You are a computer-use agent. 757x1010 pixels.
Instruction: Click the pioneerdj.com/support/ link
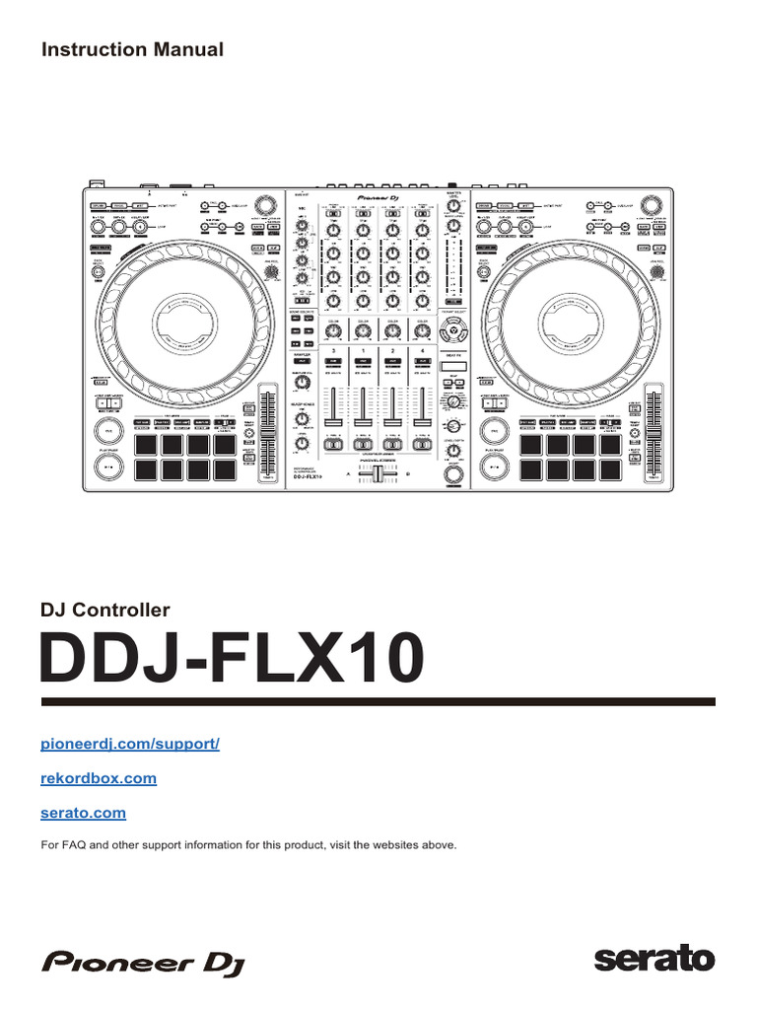(x=129, y=743)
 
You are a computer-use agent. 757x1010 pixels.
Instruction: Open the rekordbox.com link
(x=98, y=778)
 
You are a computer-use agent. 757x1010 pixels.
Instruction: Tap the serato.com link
(x=83, y=814)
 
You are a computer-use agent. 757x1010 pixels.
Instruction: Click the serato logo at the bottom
(x=654, y=958)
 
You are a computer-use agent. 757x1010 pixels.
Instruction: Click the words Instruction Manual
(x=132, y=49)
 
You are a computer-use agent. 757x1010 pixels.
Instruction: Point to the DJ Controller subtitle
(x=104, y=611)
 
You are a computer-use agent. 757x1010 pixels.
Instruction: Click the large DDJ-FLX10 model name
(x=233, y=660)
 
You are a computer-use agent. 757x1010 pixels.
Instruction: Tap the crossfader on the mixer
(x=378, y=475)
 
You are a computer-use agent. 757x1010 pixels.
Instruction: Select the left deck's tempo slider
(x=266, y=434)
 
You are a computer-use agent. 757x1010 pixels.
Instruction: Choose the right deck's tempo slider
(x=654, y=434)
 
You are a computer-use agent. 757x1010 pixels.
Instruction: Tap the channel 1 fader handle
(x=363, y=421)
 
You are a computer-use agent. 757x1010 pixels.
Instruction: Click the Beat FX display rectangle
(x=452, y=367)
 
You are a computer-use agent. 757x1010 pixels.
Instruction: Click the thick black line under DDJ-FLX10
(x=378, y=701)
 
